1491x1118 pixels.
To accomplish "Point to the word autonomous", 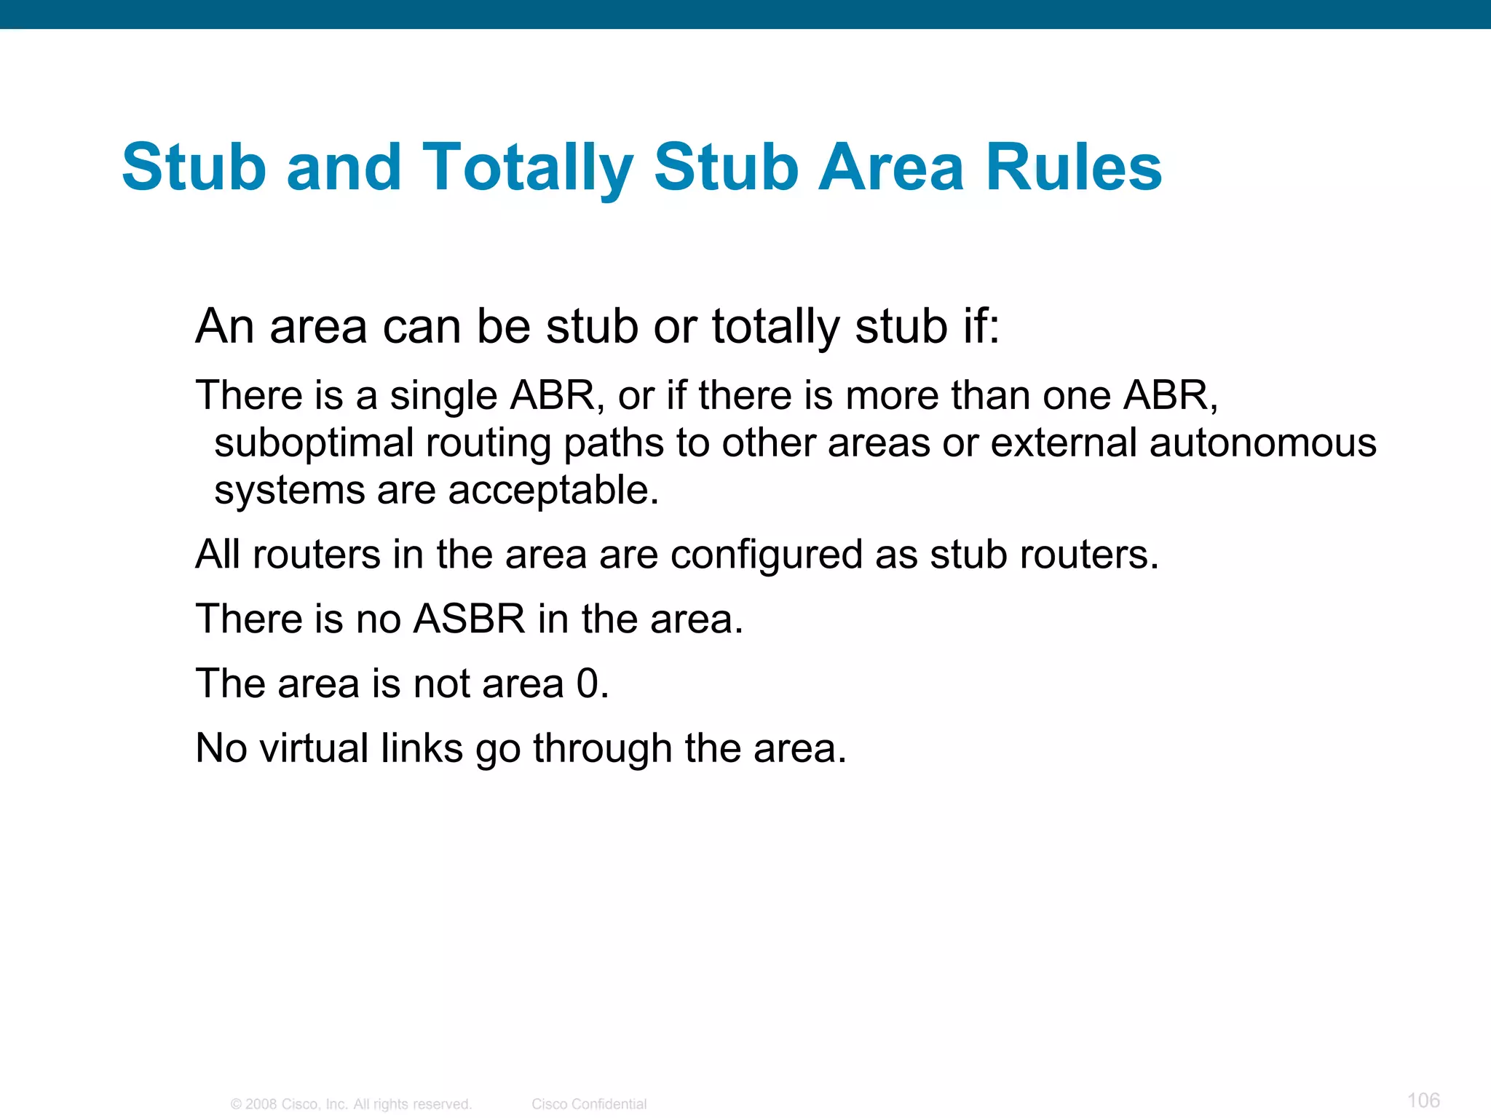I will pyautogui.click(x=1262, y=443).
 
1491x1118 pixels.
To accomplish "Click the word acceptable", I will pyautogui.click(x=553, y=490).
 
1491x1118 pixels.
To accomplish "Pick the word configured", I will pyautogui.click(x=766, y=555).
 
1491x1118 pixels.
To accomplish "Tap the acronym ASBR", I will pyautogui.click(x=469, y=619).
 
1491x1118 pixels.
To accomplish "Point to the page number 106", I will pyautogui.click(x=1423, y=1100).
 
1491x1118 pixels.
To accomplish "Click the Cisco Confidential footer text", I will pyautogui.click(x=589, y=1104).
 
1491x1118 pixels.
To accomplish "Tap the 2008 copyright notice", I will pyautogui.click(x=351, y=1104).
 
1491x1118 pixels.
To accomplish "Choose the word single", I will pyautogui.click(x=443, y=396).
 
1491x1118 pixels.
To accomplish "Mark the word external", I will pyautogui.click(x=1064, y=443).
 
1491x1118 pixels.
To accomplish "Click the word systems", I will pyautogui.click(x=289, y=490).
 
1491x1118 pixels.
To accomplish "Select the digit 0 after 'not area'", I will pyautogui.click(x=588, y=684).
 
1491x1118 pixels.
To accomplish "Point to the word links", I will pyautogui.click(x=422, y=748).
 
